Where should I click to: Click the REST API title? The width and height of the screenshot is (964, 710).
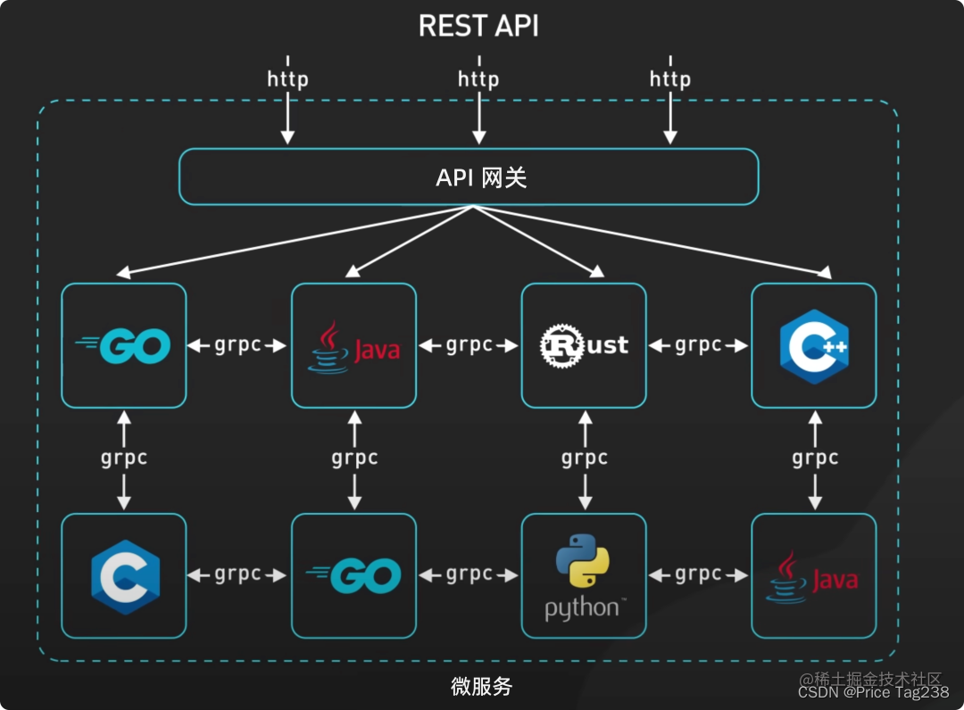(x=478, y=26)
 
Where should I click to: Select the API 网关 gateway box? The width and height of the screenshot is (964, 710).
(x=469, y=177)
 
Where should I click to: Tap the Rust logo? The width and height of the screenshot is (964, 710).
(x=584, y=345)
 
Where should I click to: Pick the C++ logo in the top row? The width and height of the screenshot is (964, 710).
(x=813, y=346)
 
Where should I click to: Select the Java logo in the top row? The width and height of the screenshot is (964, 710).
(x=354, y=346)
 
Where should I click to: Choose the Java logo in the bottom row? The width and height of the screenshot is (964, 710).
(x=813, y=576)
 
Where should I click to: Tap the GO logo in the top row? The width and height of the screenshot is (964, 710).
(x=124, y=345)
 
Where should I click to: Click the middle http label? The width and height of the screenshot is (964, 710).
(x=478, y=78)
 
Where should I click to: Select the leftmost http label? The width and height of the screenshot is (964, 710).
(x=287, y=78)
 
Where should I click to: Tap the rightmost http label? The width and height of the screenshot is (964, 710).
(x=669, y=78)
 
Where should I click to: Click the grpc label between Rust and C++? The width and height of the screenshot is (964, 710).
(x=698, y=344)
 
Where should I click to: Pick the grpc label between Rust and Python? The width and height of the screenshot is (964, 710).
(x=585, y=458)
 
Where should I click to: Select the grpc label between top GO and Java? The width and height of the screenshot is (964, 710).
(x=238, y=344)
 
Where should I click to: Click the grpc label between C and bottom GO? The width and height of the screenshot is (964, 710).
(x=238, y=574)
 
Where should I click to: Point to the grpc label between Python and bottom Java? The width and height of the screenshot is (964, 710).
(x=698, y=574)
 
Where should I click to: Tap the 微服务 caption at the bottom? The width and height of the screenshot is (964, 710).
(x=481, y=687)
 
